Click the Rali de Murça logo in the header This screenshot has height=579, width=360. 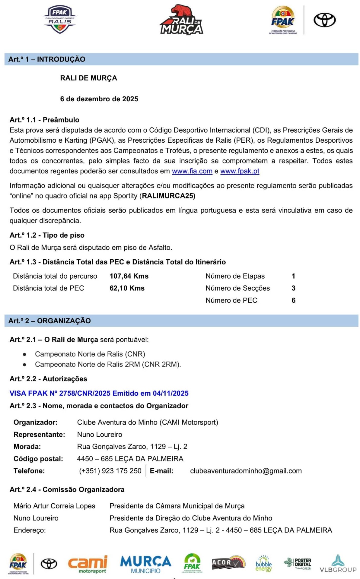[x=181, y=20]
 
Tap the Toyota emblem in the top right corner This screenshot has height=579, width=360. [x=324, y=20]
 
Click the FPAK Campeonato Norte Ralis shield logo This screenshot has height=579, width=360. [x=60, y=20]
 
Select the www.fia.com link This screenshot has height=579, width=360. [x=192, y=171]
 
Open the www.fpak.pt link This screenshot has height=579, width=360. [x=240, y=171]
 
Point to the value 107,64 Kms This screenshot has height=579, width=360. [x=129, y=276]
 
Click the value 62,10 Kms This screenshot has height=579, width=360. [x=127, y=288]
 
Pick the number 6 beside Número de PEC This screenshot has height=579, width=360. [x=293, y=300]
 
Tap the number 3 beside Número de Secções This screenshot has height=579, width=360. [x=293, y=288]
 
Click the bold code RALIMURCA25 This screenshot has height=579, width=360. [x=168, y=196]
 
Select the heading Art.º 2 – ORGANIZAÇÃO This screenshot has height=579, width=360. [x=49, y=321]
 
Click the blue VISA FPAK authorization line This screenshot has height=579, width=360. [x=99, y=394]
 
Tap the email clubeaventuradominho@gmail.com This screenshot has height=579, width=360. [x=246, y=471]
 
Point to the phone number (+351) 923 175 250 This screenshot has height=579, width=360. [x=110, y=471]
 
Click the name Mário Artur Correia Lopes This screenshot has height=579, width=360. [x=54, y=506]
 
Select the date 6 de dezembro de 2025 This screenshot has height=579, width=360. [x=99, y=99]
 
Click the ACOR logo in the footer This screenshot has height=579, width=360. [x=228, y=563]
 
